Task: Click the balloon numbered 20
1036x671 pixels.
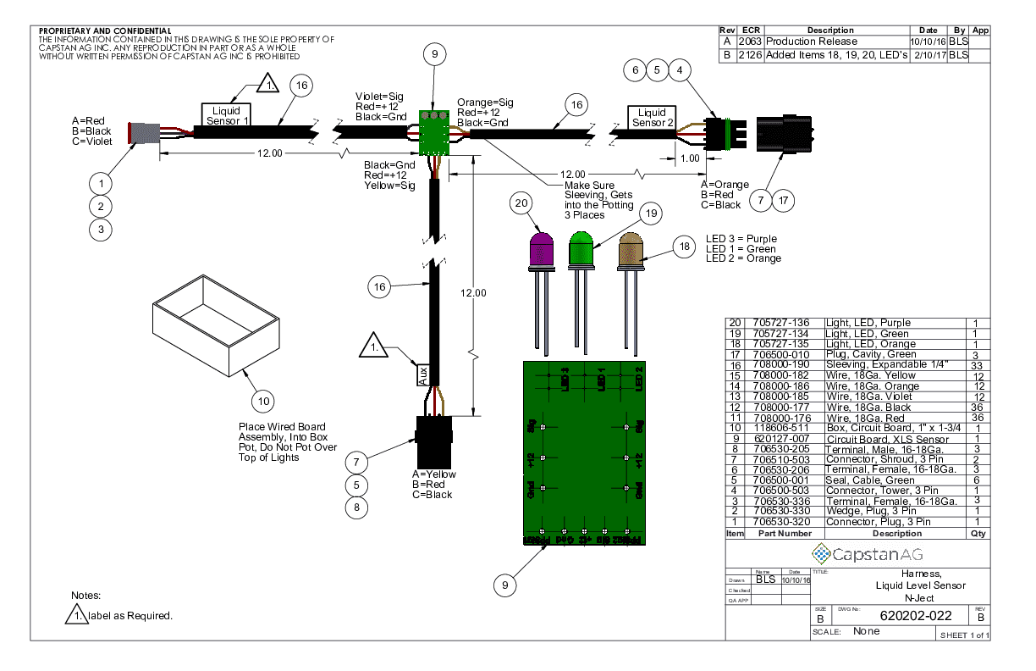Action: tap(521, 203)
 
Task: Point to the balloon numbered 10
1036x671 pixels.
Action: tap(264, 400)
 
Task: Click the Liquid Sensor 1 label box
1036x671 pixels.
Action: tap(226, 115)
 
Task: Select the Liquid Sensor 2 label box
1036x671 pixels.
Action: tap(652, 118)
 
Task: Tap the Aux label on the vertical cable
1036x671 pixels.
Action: tap(423, 374)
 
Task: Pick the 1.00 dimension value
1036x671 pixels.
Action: tap(690, 158)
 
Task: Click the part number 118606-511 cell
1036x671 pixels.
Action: tap(781, 428)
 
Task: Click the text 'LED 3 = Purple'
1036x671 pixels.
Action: tap(741, 239)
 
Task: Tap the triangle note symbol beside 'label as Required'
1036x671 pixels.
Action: tap(77, 614)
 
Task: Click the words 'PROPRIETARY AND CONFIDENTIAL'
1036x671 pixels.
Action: tap(105, 30)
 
